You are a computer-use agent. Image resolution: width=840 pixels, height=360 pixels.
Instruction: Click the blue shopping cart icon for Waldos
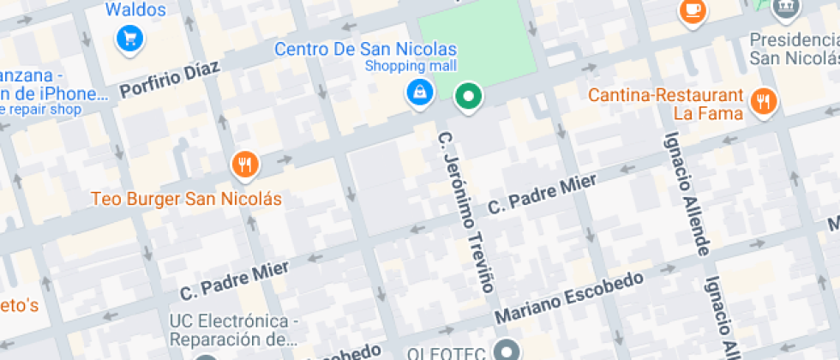tap(129, 38)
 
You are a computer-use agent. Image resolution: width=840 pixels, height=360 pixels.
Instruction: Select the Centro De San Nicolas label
tap(365, 50)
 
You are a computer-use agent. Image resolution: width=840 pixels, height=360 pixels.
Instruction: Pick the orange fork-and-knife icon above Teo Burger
tap(245, 165)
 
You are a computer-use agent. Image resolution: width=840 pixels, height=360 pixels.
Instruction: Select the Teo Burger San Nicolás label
tap(187, 199)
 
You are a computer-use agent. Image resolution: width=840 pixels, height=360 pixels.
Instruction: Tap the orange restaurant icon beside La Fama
tap(762, 102)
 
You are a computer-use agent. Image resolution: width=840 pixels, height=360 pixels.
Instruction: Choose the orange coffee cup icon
tap(692, 10)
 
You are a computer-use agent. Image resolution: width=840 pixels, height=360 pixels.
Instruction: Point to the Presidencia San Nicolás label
tap(794, 49)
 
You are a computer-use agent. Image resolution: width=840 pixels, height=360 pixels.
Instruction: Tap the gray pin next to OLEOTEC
tap(509, 351)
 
